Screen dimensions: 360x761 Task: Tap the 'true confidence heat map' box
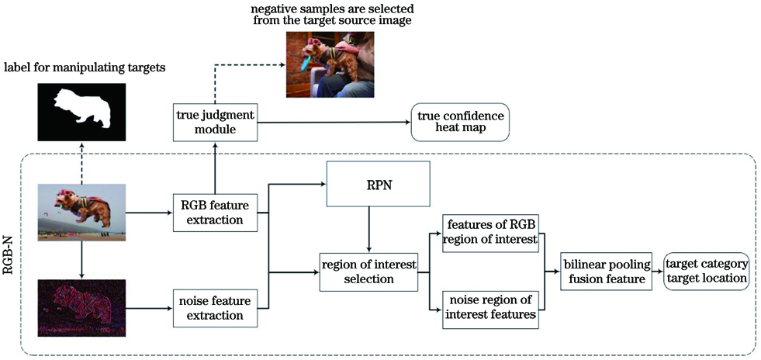point(460,121)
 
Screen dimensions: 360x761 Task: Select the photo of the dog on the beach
point(81,211)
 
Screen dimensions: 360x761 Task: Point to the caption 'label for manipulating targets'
point(85,68)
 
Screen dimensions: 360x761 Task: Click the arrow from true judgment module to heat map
point(334,121)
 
